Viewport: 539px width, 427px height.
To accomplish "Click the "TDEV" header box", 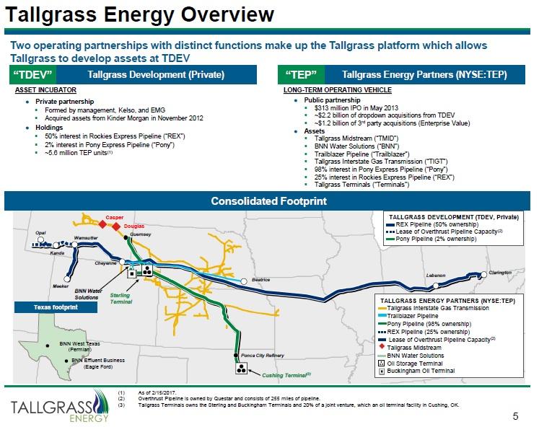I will (x=34, y=75).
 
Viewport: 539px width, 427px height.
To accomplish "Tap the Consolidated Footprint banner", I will (x=269, y=201).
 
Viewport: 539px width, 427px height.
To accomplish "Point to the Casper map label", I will (x=115, y=217).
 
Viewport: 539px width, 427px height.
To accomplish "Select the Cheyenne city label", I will (x=106, y=264).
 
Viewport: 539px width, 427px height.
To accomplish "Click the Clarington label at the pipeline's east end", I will (x=500, y=273).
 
